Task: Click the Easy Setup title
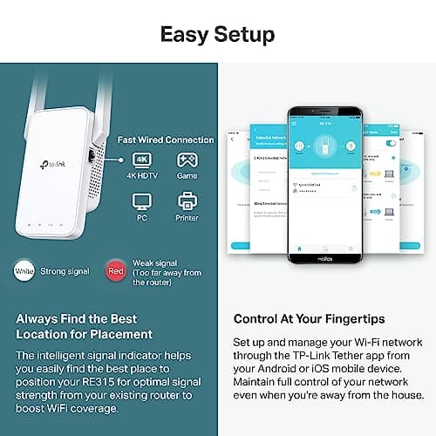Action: click(217, 35)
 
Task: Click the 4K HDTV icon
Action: click(142, 161)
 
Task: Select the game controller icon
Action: click(187, 161)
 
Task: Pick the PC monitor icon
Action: click(142, 202)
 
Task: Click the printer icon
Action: click(187, 202)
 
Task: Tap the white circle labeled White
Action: click(24, 271)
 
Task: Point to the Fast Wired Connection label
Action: click(166, 140)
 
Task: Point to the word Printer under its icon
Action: click(187, 219)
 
